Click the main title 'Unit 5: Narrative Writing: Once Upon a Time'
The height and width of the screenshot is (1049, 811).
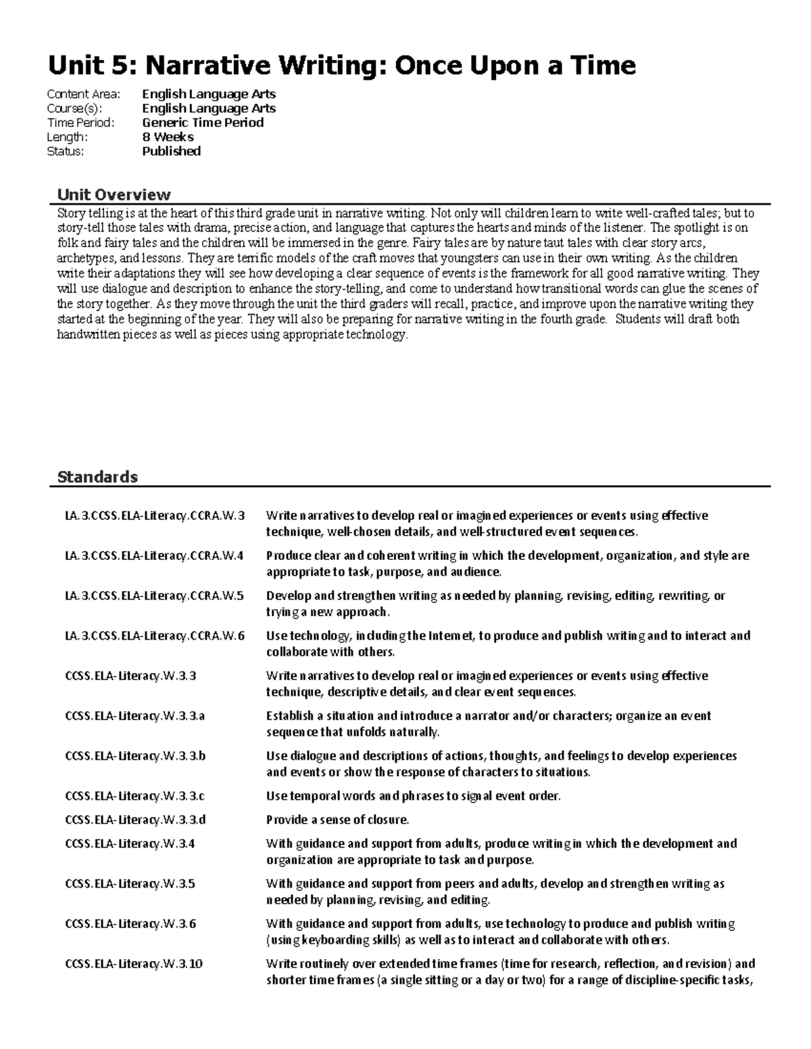[x=341, y=66]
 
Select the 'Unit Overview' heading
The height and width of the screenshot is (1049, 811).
[x=114, y=195]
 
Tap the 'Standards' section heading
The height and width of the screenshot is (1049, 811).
[x=97, y=477]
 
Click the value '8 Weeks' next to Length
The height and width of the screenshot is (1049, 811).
[x=168, y=137]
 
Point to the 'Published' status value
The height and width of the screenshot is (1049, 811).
[x=171, y=151]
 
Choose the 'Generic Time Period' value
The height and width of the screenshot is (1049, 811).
[x=203, y=123]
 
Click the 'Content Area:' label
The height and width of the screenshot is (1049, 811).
[x=83, y=95]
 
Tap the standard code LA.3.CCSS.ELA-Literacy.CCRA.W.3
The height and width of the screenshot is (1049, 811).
[x=155, y=516]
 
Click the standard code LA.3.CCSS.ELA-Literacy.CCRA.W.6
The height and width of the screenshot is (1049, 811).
[x=155, y=636]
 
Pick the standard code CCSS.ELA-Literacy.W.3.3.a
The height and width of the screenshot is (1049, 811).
[x=134, y=716]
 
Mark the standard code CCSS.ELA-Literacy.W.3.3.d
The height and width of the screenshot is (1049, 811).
[x=135, y=820]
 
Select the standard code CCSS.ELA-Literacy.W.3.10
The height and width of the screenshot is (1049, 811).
[x=134, y=964]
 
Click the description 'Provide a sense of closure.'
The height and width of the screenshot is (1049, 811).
[x=338, y=820]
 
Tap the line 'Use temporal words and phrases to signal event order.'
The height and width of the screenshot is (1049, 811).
[x=413, y=796]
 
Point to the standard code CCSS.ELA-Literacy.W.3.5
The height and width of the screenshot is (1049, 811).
[x=130, y=884]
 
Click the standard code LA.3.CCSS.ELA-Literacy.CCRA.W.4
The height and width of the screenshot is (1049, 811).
[x=155, y=556]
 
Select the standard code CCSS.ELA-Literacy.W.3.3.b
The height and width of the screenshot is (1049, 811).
[x=135, y=756]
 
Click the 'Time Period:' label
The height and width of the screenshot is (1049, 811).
[x=80, y=123]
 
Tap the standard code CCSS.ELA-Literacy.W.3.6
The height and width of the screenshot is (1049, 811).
[x=130, y=923]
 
